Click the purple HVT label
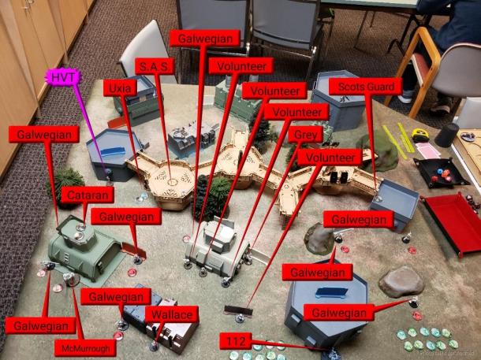pyautogui.click(x=63, y=77)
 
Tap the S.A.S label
pyautogui.click(x=155, y=66)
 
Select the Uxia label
pyautogui.click(x=120, y=88)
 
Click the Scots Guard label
pyautogui.click(x=365, y=87)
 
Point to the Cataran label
pyautogui.click(x=88, y=195)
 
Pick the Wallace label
pyautogui.click(x=172, y=314)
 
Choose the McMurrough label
pyautogui.click(x=85, y=348)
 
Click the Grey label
pyautogui.click(x=305, y=135)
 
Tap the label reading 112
pyautogui.click(x=236, y=341)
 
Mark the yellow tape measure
pyautogui.click(x=419, y=135)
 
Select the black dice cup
pyautogui.click(x=446, y=135)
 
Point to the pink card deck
pyautogui.click(x=427, y=150)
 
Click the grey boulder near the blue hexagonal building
pyautogui.click(x=401, y=281)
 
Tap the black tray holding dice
pyautogui.click(x=441, y=173)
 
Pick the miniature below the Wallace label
pyautogui.click(x=154, y=346)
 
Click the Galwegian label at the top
pyautogui.click(x=205, y=39)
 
